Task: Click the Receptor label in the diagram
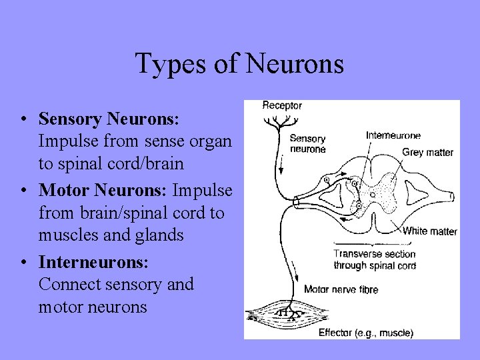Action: (282, 105)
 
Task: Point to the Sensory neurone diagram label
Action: (307, 144)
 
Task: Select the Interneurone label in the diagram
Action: (393, 136)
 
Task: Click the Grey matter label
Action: (427, 153)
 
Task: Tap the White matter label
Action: (430, 231)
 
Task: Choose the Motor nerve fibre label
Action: (341, 289)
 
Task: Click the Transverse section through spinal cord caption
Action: (374, 259)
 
